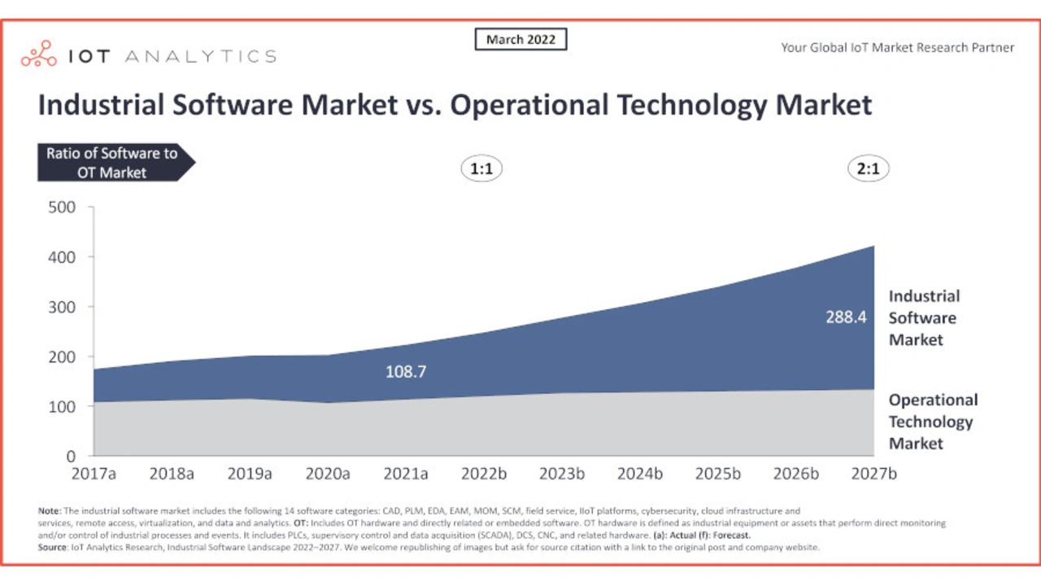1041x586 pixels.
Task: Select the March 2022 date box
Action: point(520,39)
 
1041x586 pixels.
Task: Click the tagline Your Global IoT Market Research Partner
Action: point(897,47)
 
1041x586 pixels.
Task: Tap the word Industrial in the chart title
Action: point(104,105)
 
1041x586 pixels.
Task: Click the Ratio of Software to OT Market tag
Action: point(111,162)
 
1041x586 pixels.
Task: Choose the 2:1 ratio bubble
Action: point(868,168)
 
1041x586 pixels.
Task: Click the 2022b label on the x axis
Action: point(484,474)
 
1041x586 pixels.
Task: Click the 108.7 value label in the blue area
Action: point(406,372)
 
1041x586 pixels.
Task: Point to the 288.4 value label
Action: point(846,317)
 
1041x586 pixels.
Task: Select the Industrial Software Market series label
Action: point(923,317)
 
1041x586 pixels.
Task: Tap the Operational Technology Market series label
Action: point(932,422)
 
